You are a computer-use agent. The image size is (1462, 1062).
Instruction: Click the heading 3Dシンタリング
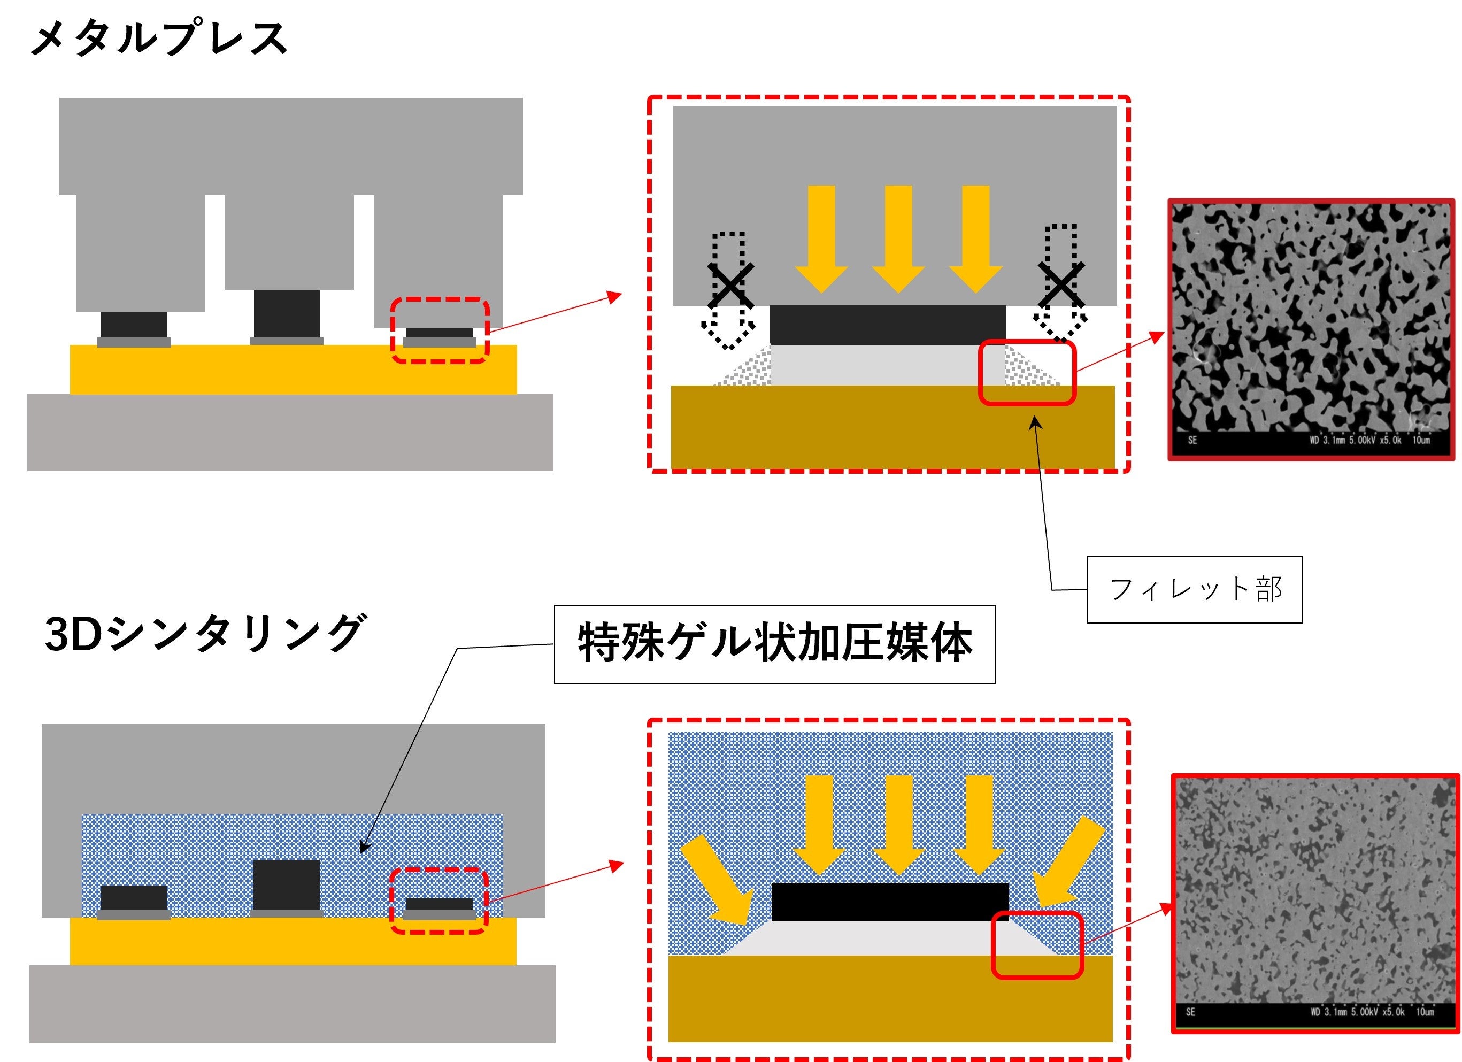205,634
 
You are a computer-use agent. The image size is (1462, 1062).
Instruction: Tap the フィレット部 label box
1194,589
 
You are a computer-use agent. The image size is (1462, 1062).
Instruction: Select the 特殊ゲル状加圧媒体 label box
774,643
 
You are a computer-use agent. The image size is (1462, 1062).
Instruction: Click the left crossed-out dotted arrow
729,290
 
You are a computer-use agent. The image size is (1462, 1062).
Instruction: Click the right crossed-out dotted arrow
1060,284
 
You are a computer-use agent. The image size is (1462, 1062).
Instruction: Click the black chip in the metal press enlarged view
888,325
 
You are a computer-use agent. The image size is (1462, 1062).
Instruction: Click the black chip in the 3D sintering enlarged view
890,902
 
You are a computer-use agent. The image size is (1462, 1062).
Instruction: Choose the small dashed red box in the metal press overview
440,330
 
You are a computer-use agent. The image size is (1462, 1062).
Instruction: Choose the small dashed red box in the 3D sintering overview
439,901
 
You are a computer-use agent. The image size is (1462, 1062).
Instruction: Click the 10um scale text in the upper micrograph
1421,441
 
